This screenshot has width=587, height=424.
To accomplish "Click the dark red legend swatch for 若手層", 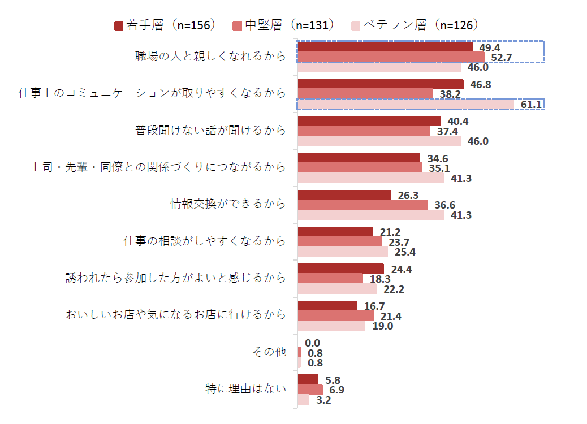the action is point(119,26).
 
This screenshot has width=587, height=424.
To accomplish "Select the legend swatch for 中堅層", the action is point(237,26).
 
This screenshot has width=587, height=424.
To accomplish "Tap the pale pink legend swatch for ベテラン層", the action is point(356,26).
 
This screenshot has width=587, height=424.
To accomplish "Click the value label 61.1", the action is point(531,105).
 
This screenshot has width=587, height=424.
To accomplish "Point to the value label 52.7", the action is point(501,58).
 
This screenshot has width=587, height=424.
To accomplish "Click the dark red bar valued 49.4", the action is point(385,47).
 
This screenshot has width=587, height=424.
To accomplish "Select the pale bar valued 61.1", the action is point(406,104).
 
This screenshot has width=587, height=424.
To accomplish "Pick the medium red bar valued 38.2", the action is point(365,93).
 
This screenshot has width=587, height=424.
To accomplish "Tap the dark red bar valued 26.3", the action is point(344,195).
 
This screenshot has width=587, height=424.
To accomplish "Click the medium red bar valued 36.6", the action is point(362,205).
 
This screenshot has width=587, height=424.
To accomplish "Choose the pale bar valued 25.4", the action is point(343,252).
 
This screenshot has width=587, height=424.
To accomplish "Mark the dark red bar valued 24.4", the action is point(341,269).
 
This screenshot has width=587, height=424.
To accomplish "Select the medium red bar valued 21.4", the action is point(336,316).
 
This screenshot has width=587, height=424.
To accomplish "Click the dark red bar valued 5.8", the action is point(308,379).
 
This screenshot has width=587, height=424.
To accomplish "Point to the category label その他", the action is point(269,352).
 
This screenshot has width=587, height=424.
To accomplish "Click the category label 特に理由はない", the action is point(246,389).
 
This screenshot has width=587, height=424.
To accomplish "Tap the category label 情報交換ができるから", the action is point(228,204).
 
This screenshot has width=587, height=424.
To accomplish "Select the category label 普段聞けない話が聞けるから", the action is point(211,130).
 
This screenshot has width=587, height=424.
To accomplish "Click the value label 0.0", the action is point(312,343).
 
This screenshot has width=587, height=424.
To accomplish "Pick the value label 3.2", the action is point(323,400).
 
